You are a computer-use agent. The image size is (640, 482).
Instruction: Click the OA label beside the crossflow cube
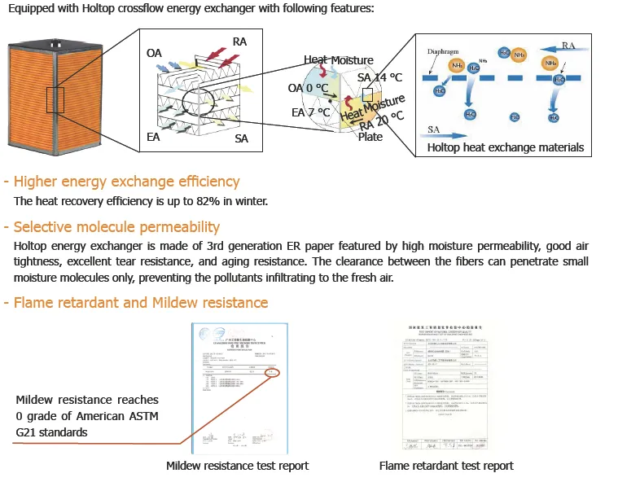pyautogui.click(x=154, y=53)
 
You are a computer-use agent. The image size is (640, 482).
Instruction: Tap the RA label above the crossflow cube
pyautogui.click(x=240, y=41)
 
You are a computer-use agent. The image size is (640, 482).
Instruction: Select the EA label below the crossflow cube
pyautogui.click(x=153, y=137)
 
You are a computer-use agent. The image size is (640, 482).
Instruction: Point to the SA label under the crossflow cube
pyautogui.click(x=242, y=139)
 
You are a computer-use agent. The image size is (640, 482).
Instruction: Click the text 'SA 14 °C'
pyautogui.click(x=379, y=77)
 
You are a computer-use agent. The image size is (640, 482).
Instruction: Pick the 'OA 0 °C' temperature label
pyautogui.click(x=308, y=87)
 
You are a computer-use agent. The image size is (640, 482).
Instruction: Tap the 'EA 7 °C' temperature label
pyautogui.click(x=310, y=112)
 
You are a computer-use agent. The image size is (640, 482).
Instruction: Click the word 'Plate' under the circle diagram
pyautogui.click(x=370, y=138)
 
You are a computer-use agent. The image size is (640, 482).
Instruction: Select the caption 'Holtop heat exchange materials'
pyautogui.click(x=506, y=147)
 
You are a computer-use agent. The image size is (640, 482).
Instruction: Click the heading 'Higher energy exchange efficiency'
pyautogui.click(x=126, y=181)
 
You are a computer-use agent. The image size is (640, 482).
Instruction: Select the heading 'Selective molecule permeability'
pyautogui.click(x=116, y=226)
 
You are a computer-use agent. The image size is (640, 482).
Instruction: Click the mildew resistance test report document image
pyautogui.click(x=237, y=386)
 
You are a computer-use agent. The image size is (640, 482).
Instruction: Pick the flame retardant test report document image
pyautogui.click(x=446, y=386)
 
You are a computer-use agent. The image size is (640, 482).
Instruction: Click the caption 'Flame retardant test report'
pyautogui.click(x=446, y=466)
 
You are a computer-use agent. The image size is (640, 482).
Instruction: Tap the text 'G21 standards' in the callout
pyautogui.click(x=51, y=432)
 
